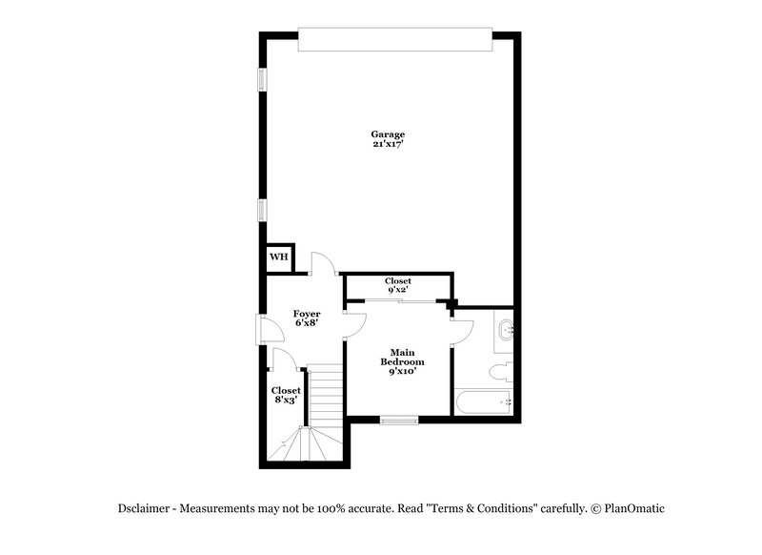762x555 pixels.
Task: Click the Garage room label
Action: (389, 134)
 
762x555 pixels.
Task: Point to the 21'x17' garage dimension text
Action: (389, 145)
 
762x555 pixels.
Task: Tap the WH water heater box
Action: (278, 257)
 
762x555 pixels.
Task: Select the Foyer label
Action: (306, 313)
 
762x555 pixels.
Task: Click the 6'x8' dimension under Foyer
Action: (306, 323)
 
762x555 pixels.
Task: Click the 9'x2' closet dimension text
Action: (398, 292)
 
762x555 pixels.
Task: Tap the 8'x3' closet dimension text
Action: (286, 401)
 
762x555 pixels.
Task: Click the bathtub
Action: (484, 402)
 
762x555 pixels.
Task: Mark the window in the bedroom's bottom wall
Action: (399, 420)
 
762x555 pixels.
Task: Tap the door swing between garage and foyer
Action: (323, 264)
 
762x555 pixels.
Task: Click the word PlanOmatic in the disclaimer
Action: (633, 508)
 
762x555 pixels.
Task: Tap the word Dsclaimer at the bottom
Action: (145, 508)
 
